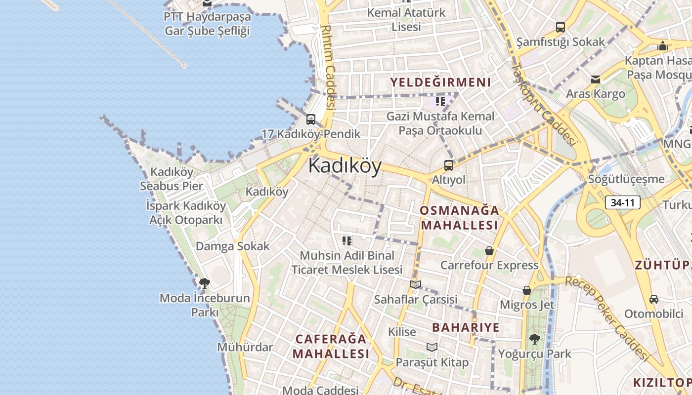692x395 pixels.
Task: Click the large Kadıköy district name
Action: pyautogui.click(x=345, y=166)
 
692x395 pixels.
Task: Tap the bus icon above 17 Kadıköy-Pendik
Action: pyautogui.click(x=310, y=119)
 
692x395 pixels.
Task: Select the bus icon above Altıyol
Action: pyautogui.click(x=449, y=165)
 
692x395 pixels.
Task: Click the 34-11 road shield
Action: pyautogui.click(x=623, y=202)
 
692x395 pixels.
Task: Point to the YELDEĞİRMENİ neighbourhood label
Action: pyautogui.click(x=441, y=82)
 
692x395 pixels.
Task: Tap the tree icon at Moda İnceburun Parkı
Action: pyautogui.click(x=204, y=283)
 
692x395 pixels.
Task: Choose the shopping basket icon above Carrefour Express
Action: pyautogui.click(x=489, y=251)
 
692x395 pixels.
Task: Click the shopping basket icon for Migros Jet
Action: pyautogui.click(x=527, y=290)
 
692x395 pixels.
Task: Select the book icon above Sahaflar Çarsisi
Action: pyautogui.click(x=416, y=284)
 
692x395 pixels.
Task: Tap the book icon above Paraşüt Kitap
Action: pyautogui.click(x=432, y=347)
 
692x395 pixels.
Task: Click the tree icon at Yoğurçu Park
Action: pyautogui.click(x=534, y=339)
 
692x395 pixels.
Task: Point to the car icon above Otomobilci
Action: pyautogui.click(x=653, y=299)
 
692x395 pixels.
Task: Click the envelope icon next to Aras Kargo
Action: pyautogui.click(x=596, y=79)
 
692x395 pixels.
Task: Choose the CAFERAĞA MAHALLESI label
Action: pyautogui.click(x=331, y=346)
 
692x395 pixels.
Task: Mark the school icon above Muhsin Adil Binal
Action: pyautogui.click(x=347, y=241)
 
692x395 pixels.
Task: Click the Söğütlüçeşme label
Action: pyautogui.click(x=626, y=179)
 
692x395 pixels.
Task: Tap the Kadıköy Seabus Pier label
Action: pyautogui.click(x=172, y=179)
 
